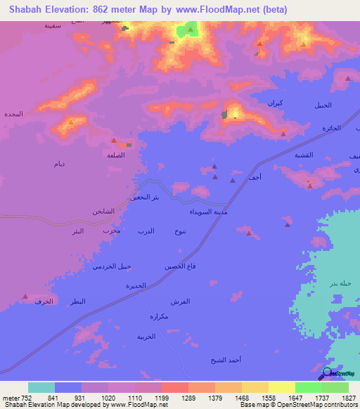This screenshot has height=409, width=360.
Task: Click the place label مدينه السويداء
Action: coord(208,212)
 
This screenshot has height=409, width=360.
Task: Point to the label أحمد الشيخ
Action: coord(226,360)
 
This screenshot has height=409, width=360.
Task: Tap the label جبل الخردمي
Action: coord(111,266)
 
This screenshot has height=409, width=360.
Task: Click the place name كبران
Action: coord(276,103)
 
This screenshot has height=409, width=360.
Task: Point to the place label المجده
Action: coord(13,114)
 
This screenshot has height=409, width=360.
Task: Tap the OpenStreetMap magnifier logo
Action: coord(326,374)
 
